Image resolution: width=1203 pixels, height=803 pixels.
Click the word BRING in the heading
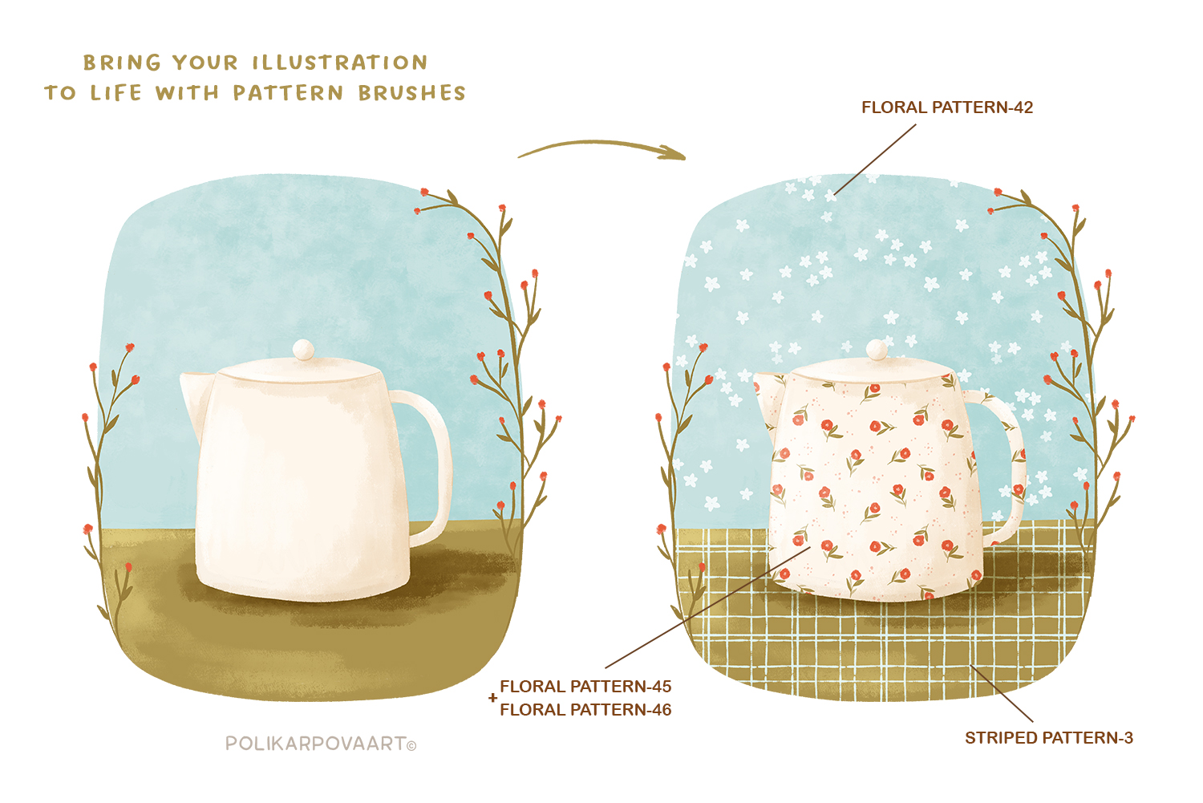click(122, 63)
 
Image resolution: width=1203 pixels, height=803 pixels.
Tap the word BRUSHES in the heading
click(412, 93)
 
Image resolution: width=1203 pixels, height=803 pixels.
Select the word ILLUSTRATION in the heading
click(340, 63)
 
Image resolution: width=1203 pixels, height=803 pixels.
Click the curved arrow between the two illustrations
click(601, 145)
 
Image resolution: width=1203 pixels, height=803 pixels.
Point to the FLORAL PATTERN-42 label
click(947, 107)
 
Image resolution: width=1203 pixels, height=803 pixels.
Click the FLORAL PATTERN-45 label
click(585, 687)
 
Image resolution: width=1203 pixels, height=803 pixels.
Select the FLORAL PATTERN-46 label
click(585, 710)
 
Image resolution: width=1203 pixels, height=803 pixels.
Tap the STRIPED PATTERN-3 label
click(1049, 738)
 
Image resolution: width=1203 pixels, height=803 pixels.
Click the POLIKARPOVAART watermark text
click(316, 744)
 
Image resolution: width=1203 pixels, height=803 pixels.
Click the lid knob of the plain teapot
click(304, 350)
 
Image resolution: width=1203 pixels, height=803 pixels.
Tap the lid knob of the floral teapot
click(877, 350)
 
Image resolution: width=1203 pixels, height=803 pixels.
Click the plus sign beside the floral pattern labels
click(493, 698)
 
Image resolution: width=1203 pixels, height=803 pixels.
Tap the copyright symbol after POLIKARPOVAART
click(411, 746)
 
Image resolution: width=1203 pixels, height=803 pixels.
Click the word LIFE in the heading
click(116, 93)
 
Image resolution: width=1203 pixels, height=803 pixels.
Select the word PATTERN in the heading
click(288, 93)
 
